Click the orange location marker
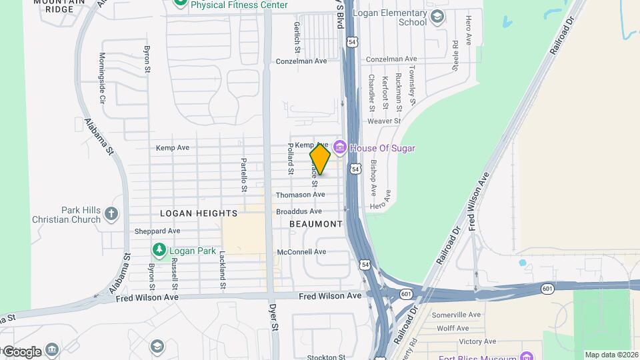[x=320, y=159]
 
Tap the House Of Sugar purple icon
[x=339, y=147]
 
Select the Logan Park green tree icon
[x=159, y=251]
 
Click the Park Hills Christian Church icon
[x=111, y=214]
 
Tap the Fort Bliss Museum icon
[x=526, y=356]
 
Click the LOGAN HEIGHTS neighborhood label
[x=199, y=213]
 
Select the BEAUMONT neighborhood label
[x=316, y=224]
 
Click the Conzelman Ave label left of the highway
[x=301, y=61]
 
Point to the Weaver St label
[x=383, y=121]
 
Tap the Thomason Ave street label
[x=301, y=195]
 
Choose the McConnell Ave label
[x=301, y=252]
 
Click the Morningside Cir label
[x=102, y=78]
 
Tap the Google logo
[x=21, y=351]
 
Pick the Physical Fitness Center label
[x=239, y=5]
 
